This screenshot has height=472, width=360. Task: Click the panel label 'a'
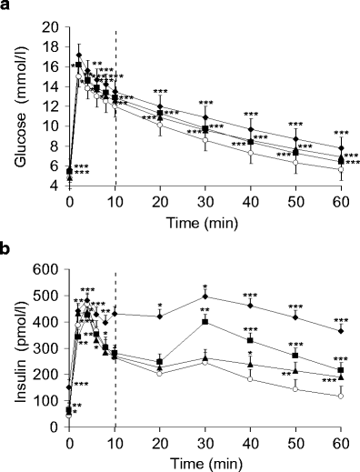point(7,8)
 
